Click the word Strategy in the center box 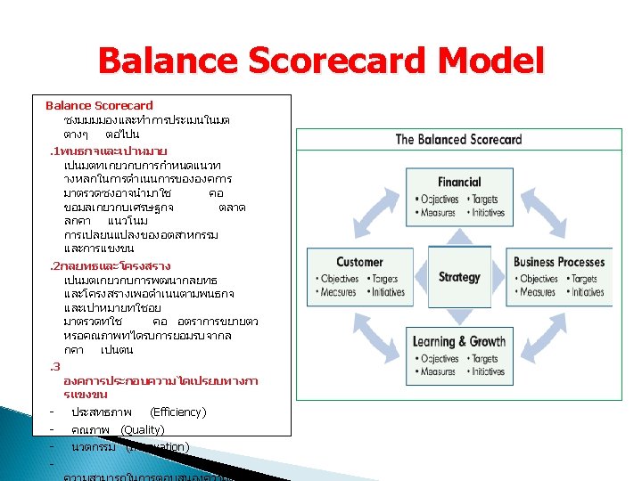pyautogui.click(x=459, y=277)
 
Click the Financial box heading pyautogui.click(x=459, y=182)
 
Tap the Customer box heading pyautogui.click(x=359, y=262)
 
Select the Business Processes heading pyautogui.click(x=559, y=262)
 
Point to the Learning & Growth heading pyautogui.click(x=459, y=341)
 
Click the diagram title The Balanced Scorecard pyautogui.click(x=458, y=139)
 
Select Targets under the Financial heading pyautogui.click(x=485, y=200)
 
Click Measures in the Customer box pyautogui.click(x=338, y=292)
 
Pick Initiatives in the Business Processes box pyautogui.click(x=588, y=292)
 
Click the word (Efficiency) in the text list pyautogui.click(x=178, y=412)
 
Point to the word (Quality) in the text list pyautogui.click(x=142, y=429)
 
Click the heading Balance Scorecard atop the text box pyautogui.click(x=99, y=105)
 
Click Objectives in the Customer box pyautogui.click(x=339, y=279)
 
